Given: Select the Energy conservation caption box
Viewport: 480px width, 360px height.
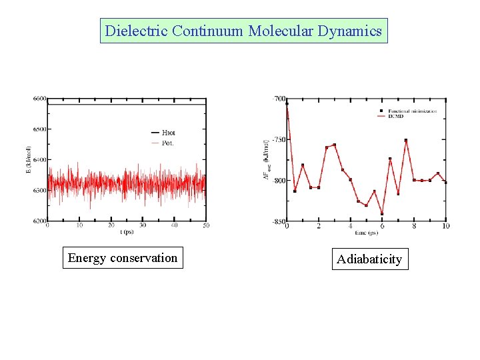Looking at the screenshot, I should (x=123, y=258).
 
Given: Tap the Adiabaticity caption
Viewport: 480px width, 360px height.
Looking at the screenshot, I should (x=369, y=259).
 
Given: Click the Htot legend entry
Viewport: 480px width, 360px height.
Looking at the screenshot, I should (x=168, y=133).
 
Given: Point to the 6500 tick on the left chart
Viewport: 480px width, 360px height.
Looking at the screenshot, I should (x=39, y=129).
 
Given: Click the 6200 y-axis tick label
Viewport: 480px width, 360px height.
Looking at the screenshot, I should (x=39, y=221).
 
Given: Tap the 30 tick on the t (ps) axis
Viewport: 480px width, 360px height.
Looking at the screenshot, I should (x=142, y=225).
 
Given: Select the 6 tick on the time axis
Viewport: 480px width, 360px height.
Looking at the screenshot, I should (x=382, y=227).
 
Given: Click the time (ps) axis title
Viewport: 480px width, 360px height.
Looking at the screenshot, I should (x=365, y=233).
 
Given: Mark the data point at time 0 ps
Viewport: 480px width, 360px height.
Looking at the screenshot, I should (x=287, y=103).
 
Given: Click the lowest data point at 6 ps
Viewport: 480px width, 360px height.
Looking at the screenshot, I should (x=382, y=214).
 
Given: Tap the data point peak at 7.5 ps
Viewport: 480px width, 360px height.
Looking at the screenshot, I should (x=406, y=141).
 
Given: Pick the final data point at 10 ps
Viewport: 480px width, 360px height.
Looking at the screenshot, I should (x=445, y=182).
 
